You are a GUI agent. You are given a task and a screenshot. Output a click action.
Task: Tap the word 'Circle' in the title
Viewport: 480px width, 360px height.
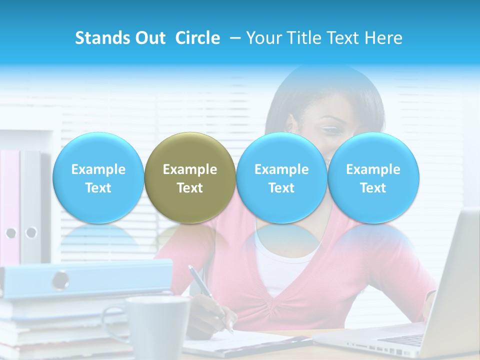point(197,38)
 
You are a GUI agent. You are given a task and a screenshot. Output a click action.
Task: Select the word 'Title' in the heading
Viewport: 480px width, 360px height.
point(303,38)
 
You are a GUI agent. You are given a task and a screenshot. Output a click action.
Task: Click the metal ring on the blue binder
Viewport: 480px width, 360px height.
point(61,279)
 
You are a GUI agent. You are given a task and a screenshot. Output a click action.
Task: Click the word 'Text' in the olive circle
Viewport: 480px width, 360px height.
point(189,188)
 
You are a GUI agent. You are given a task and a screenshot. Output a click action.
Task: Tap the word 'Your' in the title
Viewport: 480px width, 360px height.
point(262,38)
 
